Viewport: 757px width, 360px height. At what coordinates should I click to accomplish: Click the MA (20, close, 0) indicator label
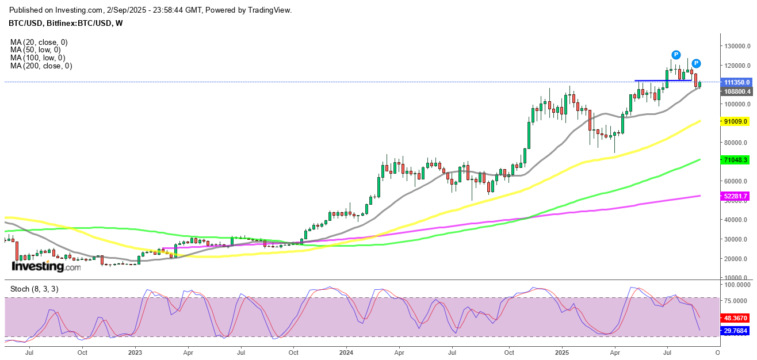tap(39, 42)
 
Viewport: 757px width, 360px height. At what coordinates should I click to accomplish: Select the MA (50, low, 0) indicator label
tap(35, 50)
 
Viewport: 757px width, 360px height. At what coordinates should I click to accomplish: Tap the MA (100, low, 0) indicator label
tap(37, 58)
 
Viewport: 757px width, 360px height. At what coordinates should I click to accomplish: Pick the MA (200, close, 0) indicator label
tap(41, 66)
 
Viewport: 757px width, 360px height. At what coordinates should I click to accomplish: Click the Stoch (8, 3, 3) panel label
tap(34, 289)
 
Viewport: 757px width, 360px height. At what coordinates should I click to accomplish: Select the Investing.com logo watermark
tap(46, 267)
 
